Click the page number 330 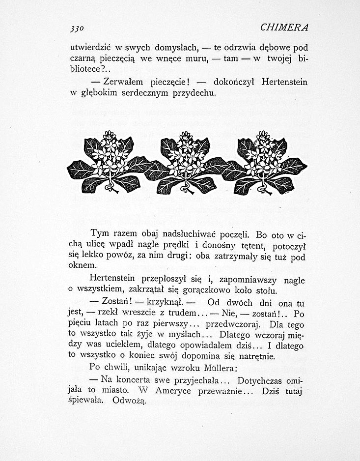pos(77,28)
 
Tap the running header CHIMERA pos(284,27)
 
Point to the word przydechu pos(192,93)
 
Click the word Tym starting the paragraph pos(100,232)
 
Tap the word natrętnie pos(256,356)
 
